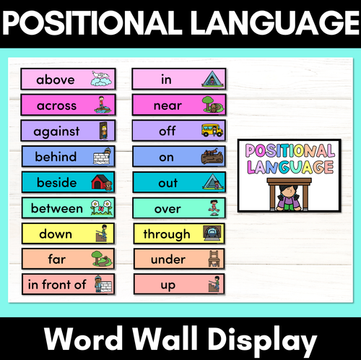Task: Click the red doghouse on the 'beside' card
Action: pos(100,182)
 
